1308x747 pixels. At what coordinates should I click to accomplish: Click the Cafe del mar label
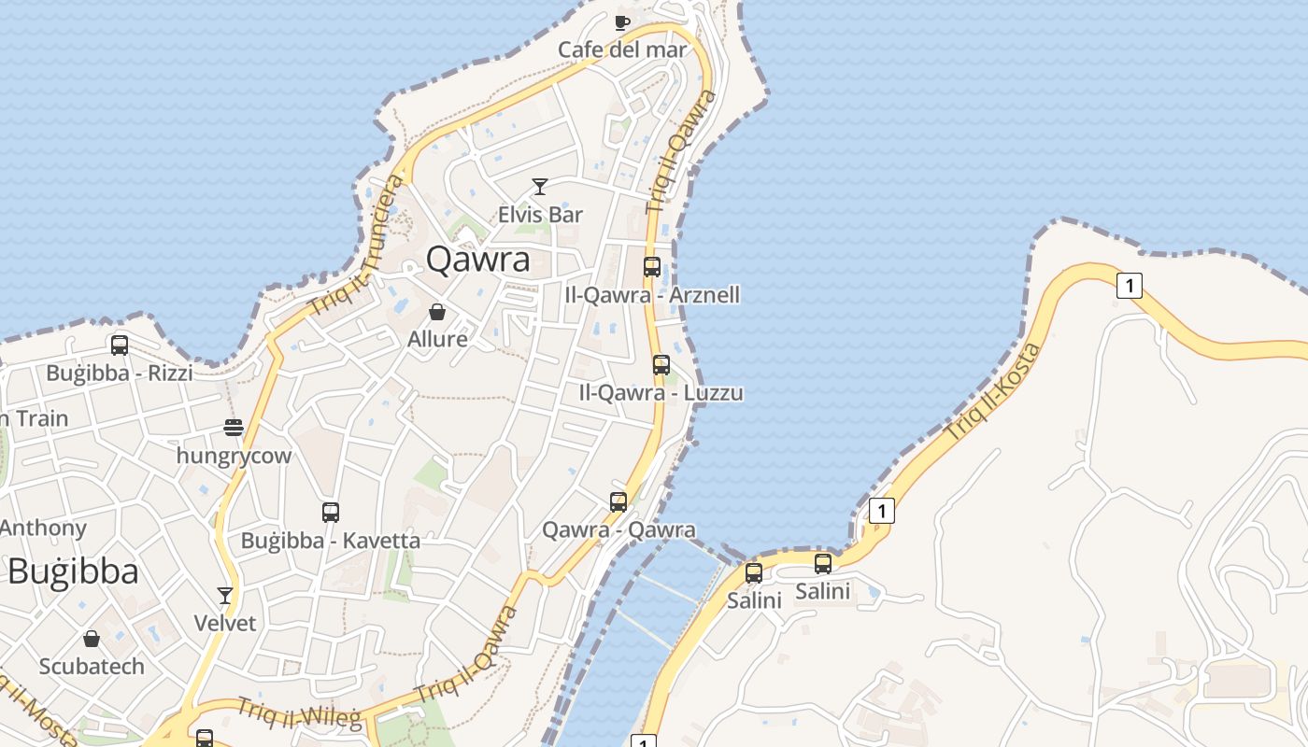coord(622,49)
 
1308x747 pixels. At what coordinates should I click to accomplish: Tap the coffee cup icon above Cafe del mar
coord(622,22)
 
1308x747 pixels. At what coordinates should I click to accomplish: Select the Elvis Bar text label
coord(540,214)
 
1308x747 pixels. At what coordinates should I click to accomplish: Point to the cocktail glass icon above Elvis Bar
coord(540,187)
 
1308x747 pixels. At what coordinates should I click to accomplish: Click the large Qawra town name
coord(478,260)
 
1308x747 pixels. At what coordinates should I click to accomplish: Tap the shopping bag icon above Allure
coord(437,312)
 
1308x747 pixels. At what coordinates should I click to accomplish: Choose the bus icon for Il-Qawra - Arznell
coord(652,267)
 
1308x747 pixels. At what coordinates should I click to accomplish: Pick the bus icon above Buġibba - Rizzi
coord(120,345)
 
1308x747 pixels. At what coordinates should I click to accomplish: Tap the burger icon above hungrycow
coord(234,428)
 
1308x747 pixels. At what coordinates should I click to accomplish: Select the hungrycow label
coord(234,456)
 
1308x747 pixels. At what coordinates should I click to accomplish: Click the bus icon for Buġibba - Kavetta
coord(331,512)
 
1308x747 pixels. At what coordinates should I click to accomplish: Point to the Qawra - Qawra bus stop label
coord(618,530)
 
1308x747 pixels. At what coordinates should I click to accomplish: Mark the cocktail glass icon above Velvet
coord(225,595)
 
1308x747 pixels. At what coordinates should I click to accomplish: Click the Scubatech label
coord(92,666)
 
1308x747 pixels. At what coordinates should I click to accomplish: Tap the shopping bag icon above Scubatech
coord(92,639)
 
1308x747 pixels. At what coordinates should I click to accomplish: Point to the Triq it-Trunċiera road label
coord(357,245)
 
